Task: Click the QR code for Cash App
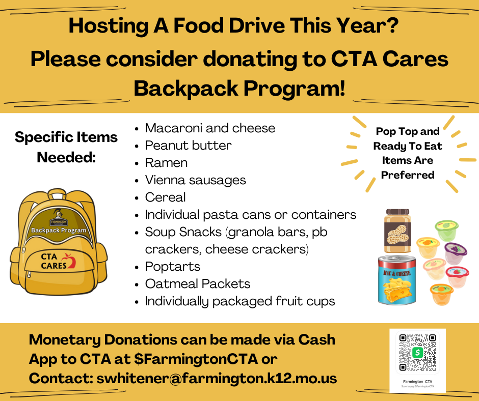coord(417,352)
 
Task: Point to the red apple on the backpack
coord(71,262)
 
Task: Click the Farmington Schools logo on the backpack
coord(59,219)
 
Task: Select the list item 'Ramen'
coord(166,163)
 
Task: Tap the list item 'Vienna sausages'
coord(195,180)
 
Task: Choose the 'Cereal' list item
coord(165,197)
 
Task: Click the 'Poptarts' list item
coord(172,267)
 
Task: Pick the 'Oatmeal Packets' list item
coord(198,284)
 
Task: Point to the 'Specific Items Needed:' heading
coord(66,147)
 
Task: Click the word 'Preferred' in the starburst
coord(408,175)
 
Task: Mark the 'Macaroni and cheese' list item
coord(210,128)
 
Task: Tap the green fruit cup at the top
coord(446,229)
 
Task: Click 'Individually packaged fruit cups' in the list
coord(240,301)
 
